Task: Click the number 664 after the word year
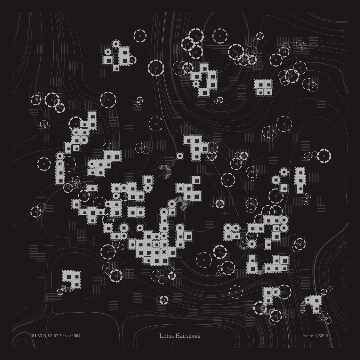[77, 336]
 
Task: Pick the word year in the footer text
[69, 336]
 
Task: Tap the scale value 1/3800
[321, 336]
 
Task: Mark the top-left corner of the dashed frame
[12, 12]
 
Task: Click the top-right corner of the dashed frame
[348, 12]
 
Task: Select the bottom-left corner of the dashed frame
[12, 348]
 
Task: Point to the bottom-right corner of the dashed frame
[348, 348]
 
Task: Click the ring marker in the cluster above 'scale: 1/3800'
[308, 300]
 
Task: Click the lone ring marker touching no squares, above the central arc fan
[180, 156]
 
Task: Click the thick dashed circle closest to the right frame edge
[324, 156]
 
